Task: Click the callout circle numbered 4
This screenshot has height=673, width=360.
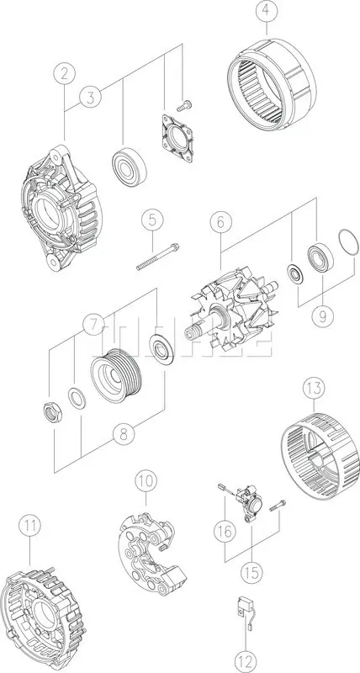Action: [266, 12]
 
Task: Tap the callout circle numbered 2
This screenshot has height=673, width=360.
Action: [64, 73]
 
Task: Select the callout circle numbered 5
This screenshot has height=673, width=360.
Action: [151, 221]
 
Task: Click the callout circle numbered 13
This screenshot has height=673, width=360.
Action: [313, 389]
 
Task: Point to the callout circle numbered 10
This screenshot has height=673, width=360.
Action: [146, 481]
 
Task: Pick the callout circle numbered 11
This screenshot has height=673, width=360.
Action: [30, 527]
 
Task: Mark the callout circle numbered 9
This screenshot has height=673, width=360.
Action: [320, 318]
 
